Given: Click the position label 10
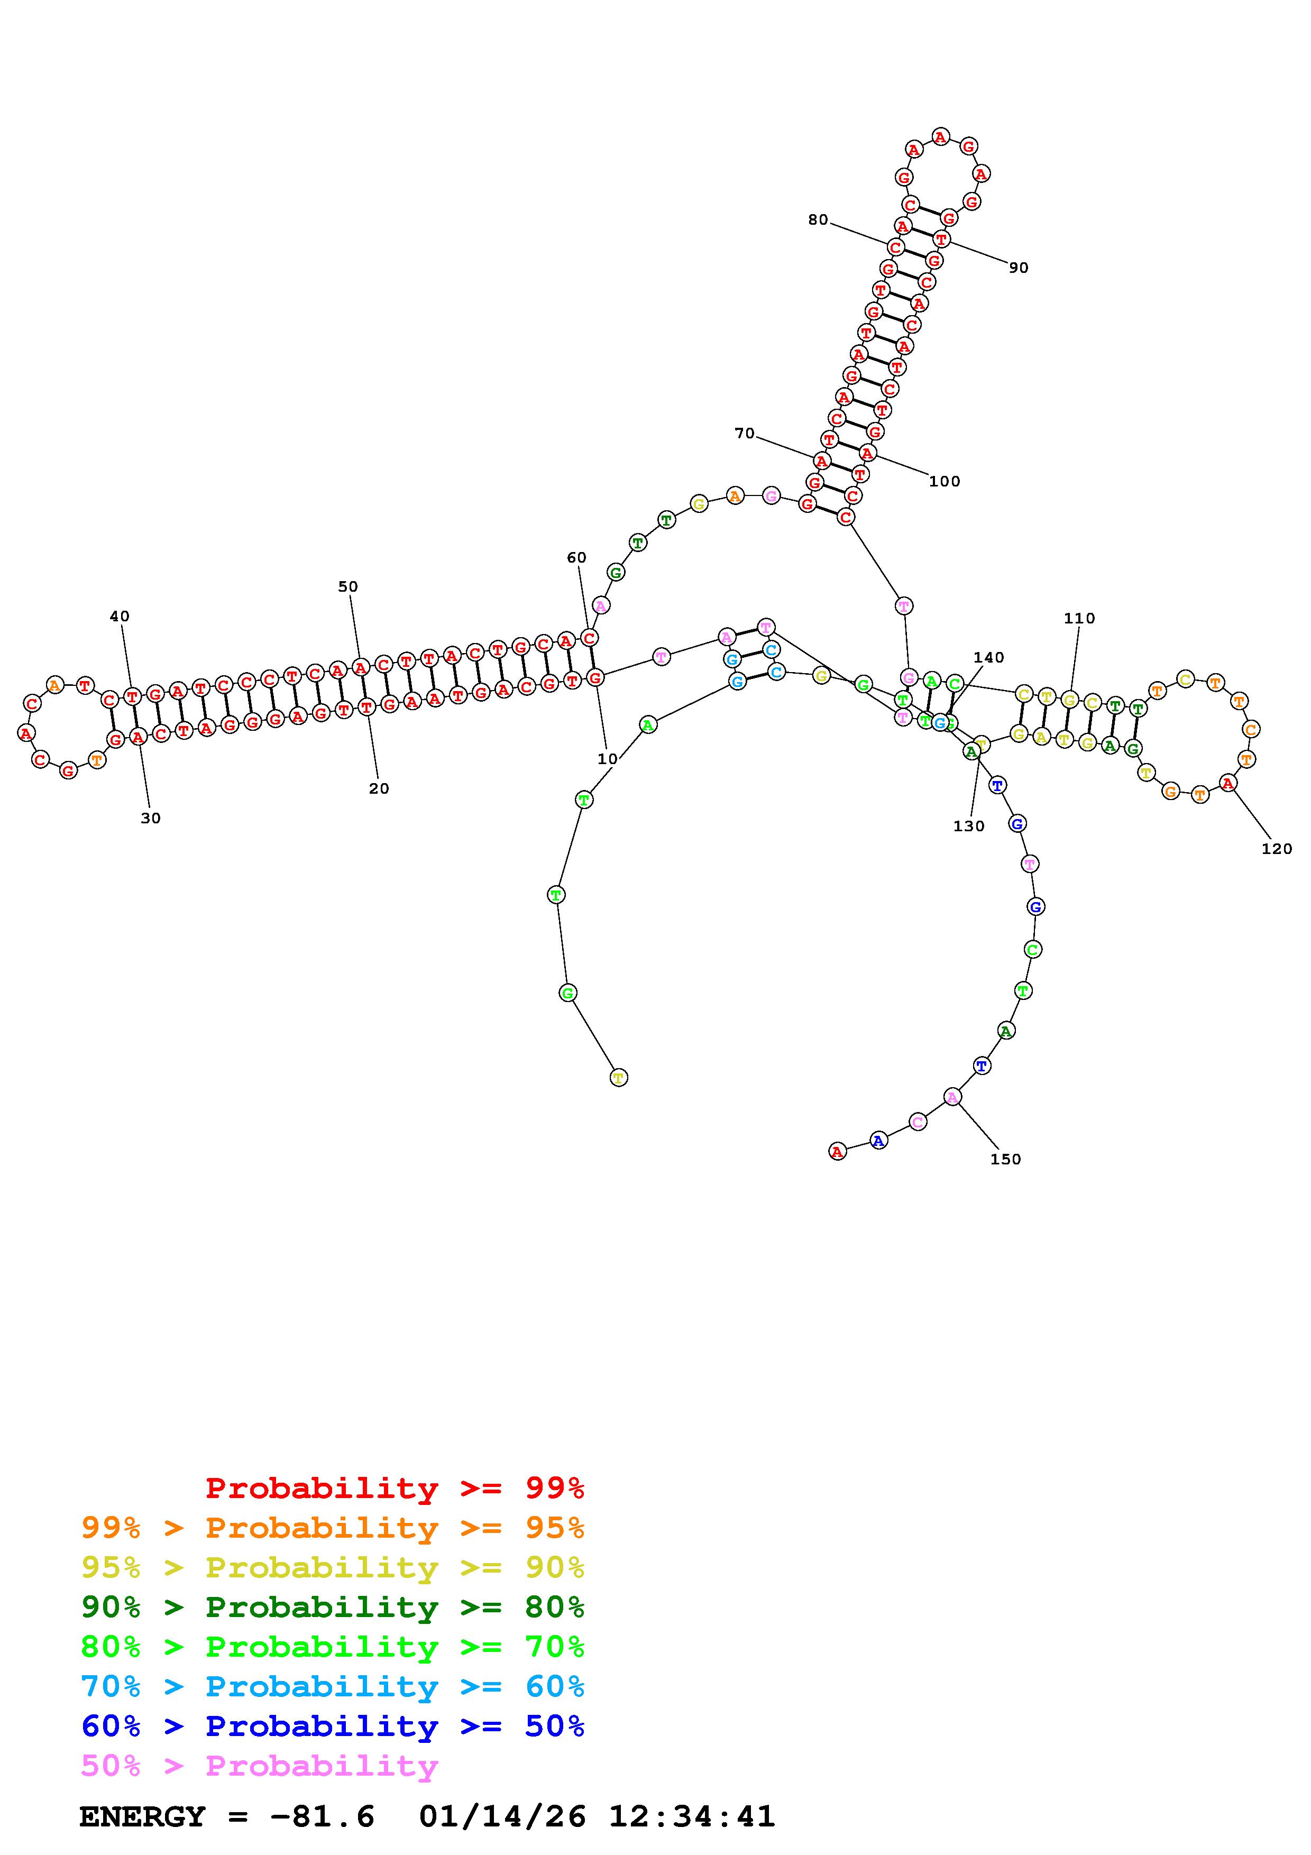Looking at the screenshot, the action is (x=607, y=759).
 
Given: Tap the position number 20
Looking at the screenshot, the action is (x=379, y=788).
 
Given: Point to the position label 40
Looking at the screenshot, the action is (x=119, y=617).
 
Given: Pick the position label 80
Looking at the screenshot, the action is (x=818, y=220).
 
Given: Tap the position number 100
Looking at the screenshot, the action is (x=945, y=482).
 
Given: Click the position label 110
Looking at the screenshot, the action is (x=1079, y=618).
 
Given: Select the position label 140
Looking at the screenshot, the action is (x=989, y=658).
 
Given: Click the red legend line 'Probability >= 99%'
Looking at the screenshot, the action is (x=395, y=1488).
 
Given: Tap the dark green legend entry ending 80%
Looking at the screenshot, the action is (x=333, y=1607).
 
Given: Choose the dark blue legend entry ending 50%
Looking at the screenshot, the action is (x=333, y=1726).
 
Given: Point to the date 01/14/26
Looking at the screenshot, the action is (x=502, y=1817).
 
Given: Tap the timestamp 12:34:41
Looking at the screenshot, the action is (x=691, y=1817).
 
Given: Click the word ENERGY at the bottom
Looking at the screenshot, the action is (x=142, y=1817).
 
